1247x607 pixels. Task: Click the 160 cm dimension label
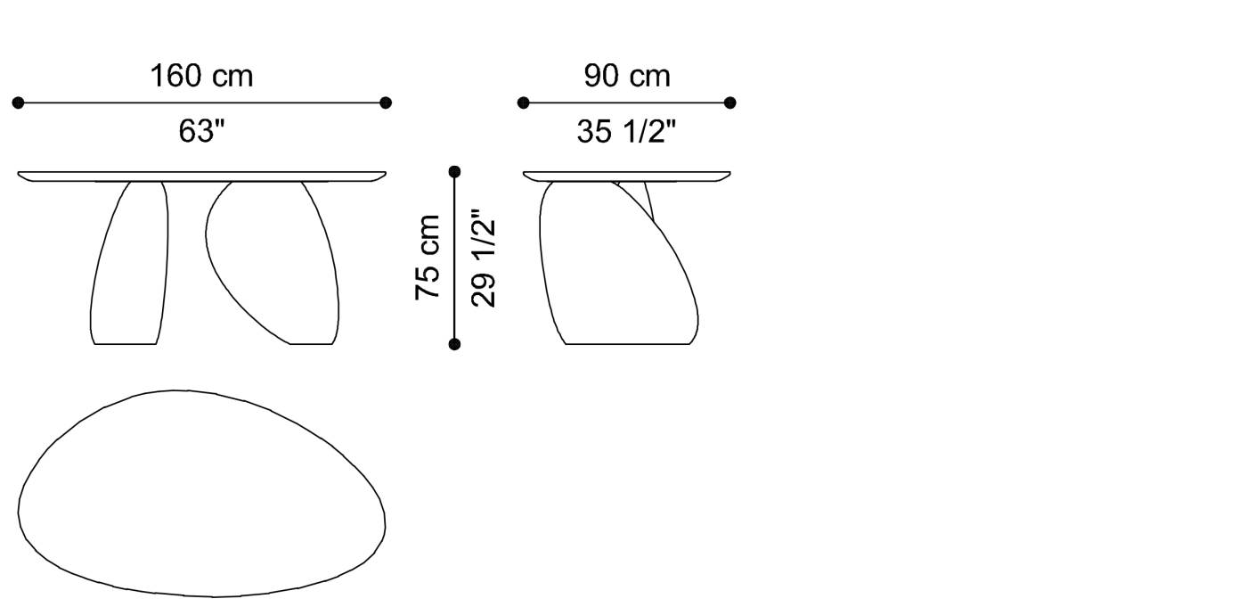tap(201, 76)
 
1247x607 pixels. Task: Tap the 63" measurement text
tap(201, 131)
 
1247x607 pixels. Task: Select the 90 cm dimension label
tap(627, 76)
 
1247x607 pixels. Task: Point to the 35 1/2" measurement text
tap(626, 131)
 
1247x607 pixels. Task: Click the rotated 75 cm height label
tap(428, 258)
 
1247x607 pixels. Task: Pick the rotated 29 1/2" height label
tap(483, 258)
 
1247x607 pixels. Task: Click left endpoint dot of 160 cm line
tap(19, 103)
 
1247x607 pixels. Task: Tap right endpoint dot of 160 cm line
tap(385, 103)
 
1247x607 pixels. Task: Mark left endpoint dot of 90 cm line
tap(524, 103)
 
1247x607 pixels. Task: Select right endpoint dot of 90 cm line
tap(730, 103)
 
